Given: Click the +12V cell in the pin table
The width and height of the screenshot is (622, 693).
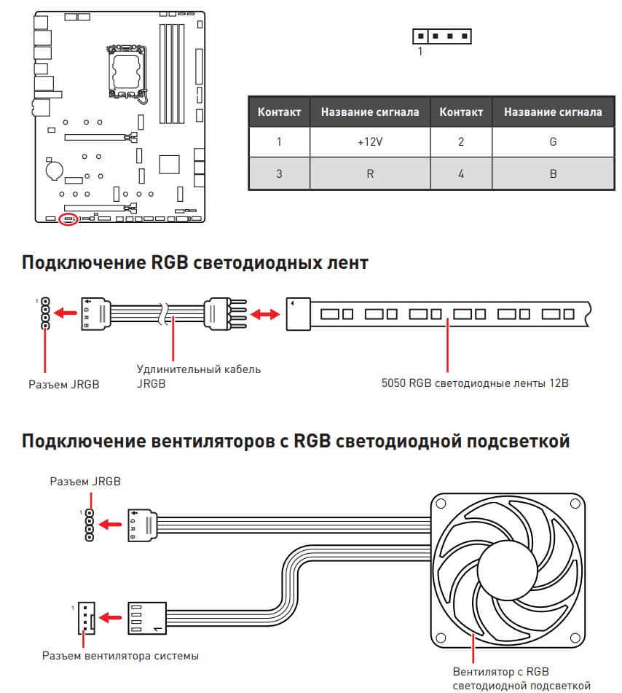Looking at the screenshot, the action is (x=370, y=142).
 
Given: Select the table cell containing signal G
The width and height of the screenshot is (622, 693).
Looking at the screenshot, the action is (x=553, y=142).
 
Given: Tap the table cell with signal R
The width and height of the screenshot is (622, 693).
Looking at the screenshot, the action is (x=370, y=173).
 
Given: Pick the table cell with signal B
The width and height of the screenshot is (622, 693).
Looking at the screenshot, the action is (x=553, y=173).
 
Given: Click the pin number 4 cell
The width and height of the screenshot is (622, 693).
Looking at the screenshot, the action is (x=461, y=173).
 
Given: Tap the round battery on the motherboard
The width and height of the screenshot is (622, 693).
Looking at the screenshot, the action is (x=54, y=169).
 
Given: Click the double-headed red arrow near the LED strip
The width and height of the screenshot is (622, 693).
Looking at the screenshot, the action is (x=265, y=314).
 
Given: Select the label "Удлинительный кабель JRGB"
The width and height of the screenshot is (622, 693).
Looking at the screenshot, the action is (x=198, y=376).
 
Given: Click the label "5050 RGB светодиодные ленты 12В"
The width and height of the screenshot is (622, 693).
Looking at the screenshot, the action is (x=475, y=383).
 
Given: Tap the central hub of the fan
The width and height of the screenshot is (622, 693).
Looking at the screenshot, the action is (x=508, y=570).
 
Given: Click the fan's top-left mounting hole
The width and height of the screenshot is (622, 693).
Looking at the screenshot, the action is (x=441, y=504).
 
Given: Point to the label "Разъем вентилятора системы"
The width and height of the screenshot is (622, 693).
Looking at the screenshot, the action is (x=120, y=655).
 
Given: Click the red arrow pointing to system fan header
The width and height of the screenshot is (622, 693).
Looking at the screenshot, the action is (x=110, y=617).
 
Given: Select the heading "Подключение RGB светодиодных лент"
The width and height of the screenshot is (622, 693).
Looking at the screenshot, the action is (x=194, y=262).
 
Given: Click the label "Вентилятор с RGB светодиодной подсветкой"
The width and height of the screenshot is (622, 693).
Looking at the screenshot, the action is (x=521, y=678).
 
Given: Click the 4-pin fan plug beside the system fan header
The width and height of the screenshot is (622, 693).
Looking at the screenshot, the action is (x=147, y=618).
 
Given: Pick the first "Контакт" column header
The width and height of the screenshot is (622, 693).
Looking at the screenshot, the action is (x=279, y=111).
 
